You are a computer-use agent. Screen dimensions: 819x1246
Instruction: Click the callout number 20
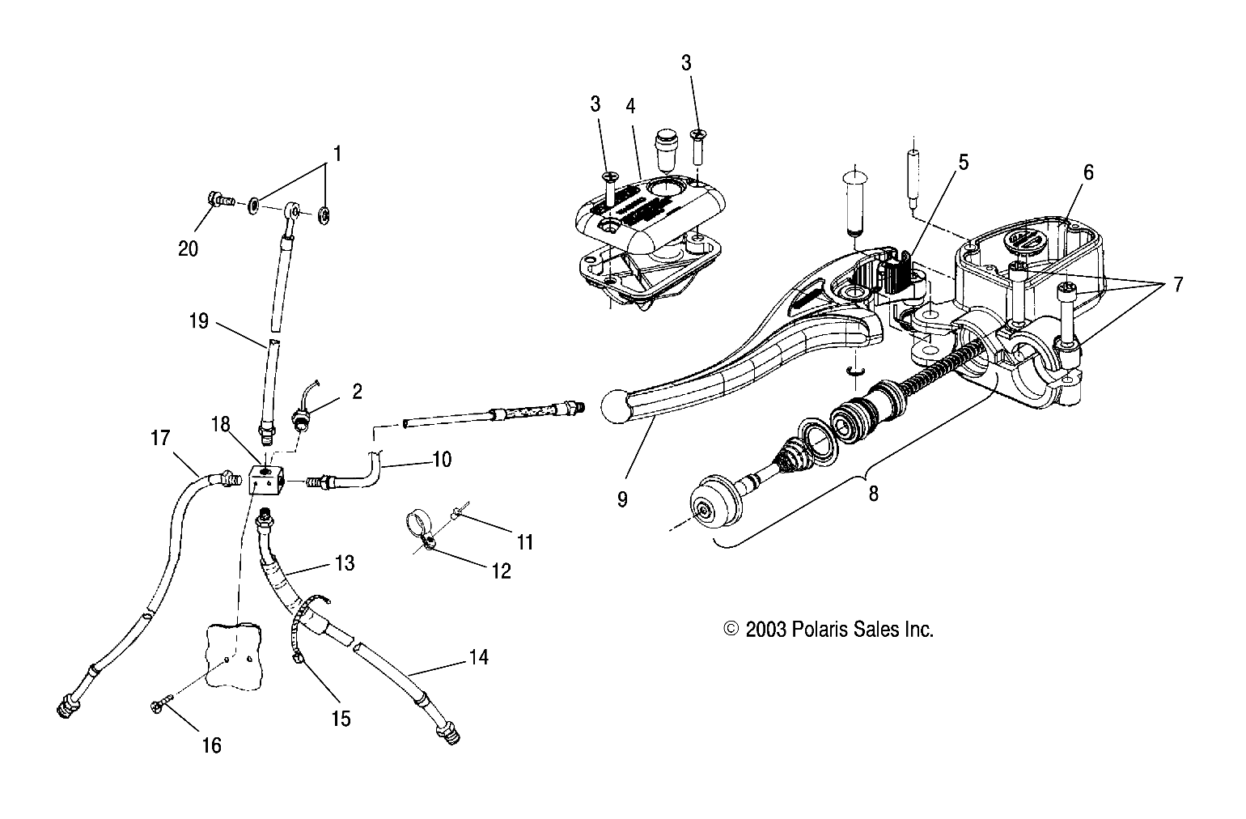[188, 249]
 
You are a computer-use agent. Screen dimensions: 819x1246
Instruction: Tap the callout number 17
[160, 438]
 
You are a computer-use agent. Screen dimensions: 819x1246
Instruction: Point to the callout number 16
[211, 745]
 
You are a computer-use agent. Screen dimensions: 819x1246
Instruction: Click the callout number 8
[873, 493]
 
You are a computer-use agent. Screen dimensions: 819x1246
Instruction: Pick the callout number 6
[1088, 172]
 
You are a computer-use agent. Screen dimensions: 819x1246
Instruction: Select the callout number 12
[502, 571]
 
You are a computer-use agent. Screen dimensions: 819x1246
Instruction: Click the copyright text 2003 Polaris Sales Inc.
[829, 630]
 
